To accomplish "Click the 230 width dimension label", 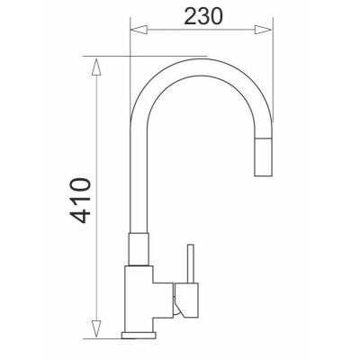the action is click(203, 16).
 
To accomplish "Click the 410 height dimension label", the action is click(80, 201).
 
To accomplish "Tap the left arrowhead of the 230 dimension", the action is click(139, 30).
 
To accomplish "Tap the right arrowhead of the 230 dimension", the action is click(263, 30).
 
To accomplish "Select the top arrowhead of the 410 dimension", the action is click(96, 67).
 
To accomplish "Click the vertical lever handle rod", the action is click(190, 264).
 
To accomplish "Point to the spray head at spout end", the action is click(263, 157).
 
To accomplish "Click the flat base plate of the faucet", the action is click(139, 335).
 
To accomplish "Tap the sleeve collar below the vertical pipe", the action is click(139, 249).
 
